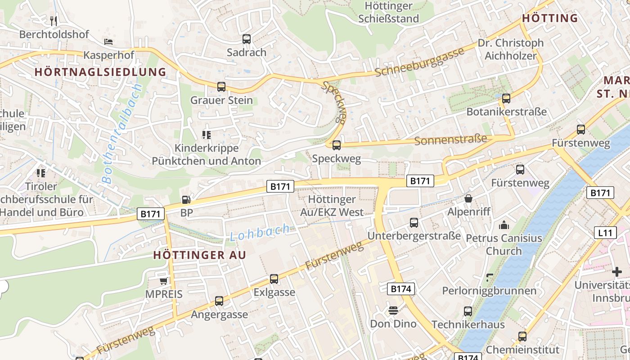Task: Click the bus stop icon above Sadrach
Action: pos(246,39)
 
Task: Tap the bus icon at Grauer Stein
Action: pos(221,87)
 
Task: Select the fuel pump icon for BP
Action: pos(186,200)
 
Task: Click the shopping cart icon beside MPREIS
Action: pos(164,281)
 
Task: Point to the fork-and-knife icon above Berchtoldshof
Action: pos(54,21)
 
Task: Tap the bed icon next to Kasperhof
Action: pos(108,42)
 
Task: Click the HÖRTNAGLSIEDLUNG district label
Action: pos(100,72)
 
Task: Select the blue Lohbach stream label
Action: pos(260,233)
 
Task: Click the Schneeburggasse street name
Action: pos(419,62)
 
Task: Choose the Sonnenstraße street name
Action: pos(450,139)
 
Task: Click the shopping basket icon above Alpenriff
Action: pos(468,198)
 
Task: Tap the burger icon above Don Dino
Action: pos(393,310)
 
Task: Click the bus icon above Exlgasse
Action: pos(274,279)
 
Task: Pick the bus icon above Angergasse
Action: pos(219,301)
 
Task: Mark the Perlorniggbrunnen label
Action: pos(489,291)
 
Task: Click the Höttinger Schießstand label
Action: pos(389,12)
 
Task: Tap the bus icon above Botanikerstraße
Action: pos(506,99)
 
